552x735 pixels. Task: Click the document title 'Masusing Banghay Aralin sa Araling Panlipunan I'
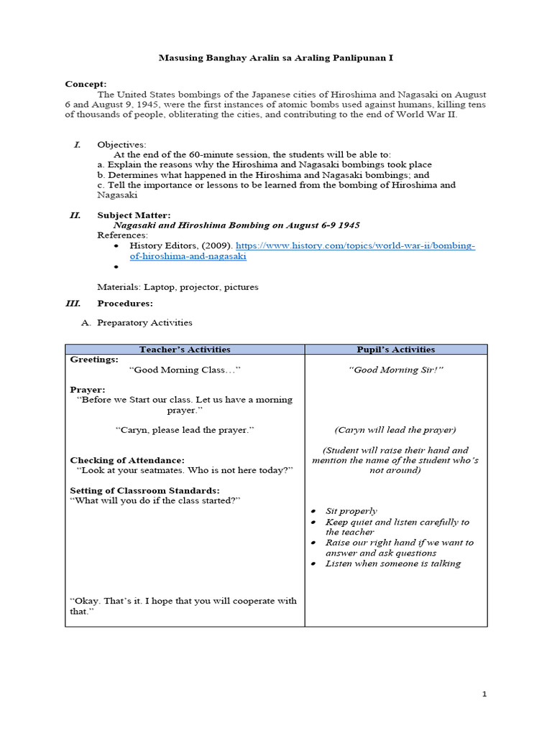coord(276,58)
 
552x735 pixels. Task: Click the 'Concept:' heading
coord(86,84)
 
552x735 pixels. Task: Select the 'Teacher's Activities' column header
coord(185,350)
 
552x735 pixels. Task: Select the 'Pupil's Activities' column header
coord(395,350)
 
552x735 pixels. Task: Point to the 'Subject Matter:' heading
coord(134,215)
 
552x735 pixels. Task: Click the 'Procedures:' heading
coord(125,303)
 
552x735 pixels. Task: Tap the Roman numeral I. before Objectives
coord(77,144)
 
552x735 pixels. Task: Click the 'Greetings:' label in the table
coord(94,360)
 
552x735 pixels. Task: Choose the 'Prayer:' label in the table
coord(88,390)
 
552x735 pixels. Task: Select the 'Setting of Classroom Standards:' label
coord(144,490)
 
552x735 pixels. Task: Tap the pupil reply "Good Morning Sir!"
coord(395,370)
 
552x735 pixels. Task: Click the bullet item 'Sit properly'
coord(351,511)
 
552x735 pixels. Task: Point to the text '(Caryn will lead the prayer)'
coord(395,430)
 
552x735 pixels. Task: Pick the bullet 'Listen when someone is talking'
coord(392,563)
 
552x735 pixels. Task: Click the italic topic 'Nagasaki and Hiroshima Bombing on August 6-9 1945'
coord(237,225)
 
